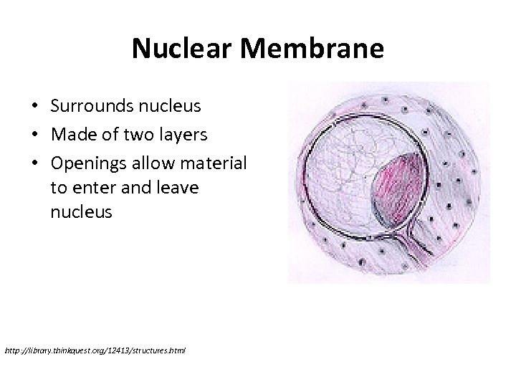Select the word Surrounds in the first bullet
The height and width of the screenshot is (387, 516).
[x=87, y=107]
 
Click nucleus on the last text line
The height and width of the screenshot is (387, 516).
[x=82, y=213]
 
